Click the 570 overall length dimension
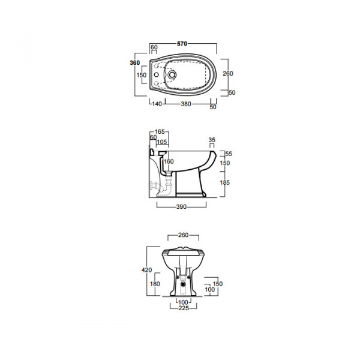point(182,44)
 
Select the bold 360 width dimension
point(135,62)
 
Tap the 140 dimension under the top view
point(157,104)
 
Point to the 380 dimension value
point(186,104)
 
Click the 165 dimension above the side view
point(160,132)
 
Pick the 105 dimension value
point(161,142)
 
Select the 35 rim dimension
point(212,140)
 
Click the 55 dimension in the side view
point(229,154)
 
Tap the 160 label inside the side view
point(169,161)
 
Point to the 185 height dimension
point(225,182)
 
